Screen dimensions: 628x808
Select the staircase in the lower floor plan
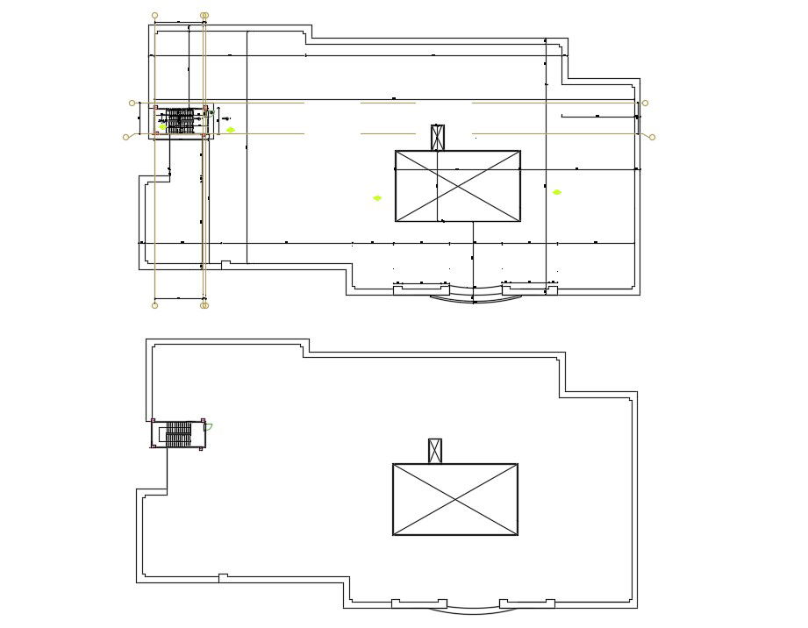pos(179,434)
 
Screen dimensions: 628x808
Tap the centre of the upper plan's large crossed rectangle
pos(457,186)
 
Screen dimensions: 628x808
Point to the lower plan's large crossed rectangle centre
pos(454,499)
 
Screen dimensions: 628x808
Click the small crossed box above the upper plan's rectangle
pos(438,138)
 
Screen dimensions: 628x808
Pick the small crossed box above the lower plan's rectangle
pos(434,451)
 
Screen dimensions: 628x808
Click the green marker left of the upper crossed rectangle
pos(377,198)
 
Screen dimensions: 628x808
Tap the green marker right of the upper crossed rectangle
pos(556,192)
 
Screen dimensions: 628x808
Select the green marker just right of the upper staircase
pos(231,130)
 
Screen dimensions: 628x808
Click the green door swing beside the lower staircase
pos(209,427)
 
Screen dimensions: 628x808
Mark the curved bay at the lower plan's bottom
pos(472,609)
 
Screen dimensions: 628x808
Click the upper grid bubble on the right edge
pos(645,103)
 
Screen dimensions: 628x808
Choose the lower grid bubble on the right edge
pos(652,137)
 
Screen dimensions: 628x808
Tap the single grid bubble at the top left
pos(155,16)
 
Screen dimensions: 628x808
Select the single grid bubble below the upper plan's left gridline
pos(155,305)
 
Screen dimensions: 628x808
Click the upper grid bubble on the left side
pos(132,103)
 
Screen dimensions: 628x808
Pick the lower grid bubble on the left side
pos(126,137)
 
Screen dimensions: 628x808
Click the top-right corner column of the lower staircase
pos(203,421)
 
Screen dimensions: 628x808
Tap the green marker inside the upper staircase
pos(162,126)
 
